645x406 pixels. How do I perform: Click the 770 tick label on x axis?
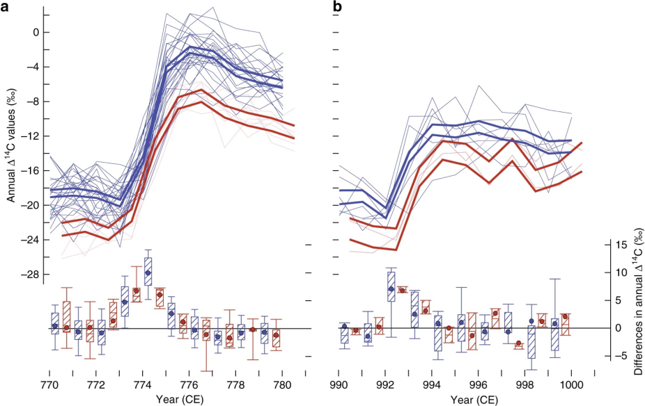49,384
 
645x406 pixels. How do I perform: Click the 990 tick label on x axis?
339,384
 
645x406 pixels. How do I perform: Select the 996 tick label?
479,384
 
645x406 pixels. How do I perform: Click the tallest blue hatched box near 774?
148,267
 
